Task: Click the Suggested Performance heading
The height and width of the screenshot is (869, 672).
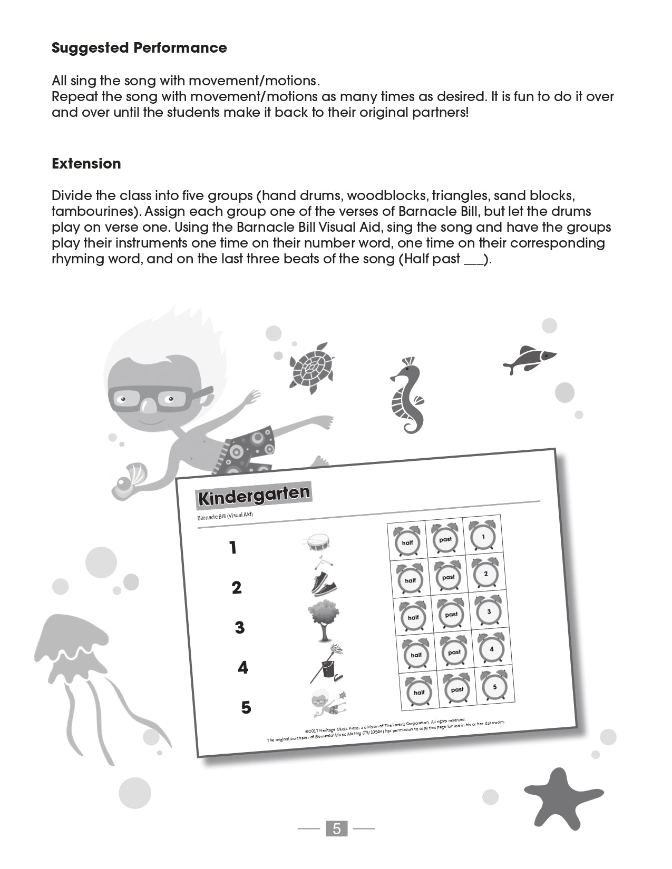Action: tap(139, 48)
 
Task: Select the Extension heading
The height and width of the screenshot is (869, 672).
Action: tap(86, 163)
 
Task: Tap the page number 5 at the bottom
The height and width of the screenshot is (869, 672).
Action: tap(337, 828)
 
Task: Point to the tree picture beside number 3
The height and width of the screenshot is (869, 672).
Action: tap(323, 621)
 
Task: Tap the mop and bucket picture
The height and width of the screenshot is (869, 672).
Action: tap(326, 664)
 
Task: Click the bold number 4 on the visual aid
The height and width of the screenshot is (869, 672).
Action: tap(242, 668)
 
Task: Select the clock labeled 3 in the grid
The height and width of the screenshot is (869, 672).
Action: tap(489, 611)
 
